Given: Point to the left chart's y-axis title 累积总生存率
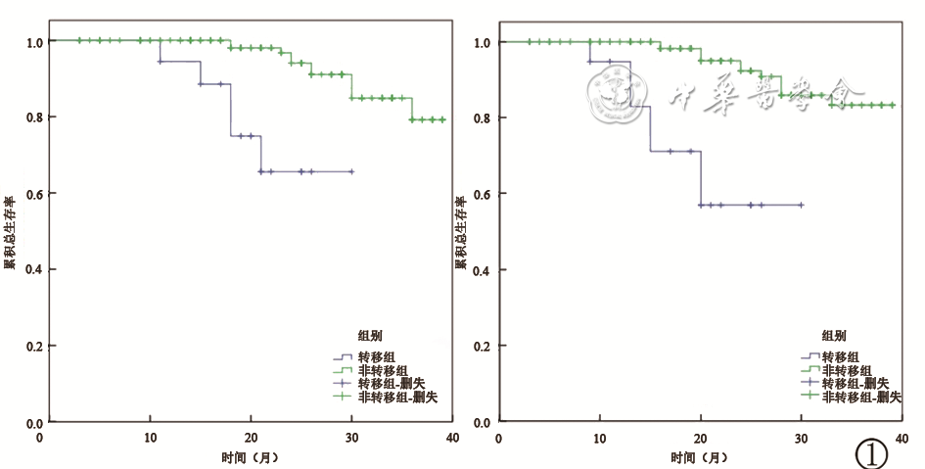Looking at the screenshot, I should (x=9, y=231).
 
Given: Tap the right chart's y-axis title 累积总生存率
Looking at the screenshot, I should (x=459, y=231).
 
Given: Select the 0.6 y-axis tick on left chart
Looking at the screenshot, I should (x=35, y=194).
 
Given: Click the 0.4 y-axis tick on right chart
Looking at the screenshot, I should (x=484, y=270).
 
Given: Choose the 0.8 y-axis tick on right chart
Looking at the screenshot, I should (x=484, y=118).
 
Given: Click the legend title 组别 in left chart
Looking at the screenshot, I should (x=369, y=336).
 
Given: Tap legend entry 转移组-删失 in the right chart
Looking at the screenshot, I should (x=854, y=384).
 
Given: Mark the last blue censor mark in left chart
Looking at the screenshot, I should (x=351, y=171).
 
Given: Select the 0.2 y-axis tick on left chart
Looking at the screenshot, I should (x=35, y=347).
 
